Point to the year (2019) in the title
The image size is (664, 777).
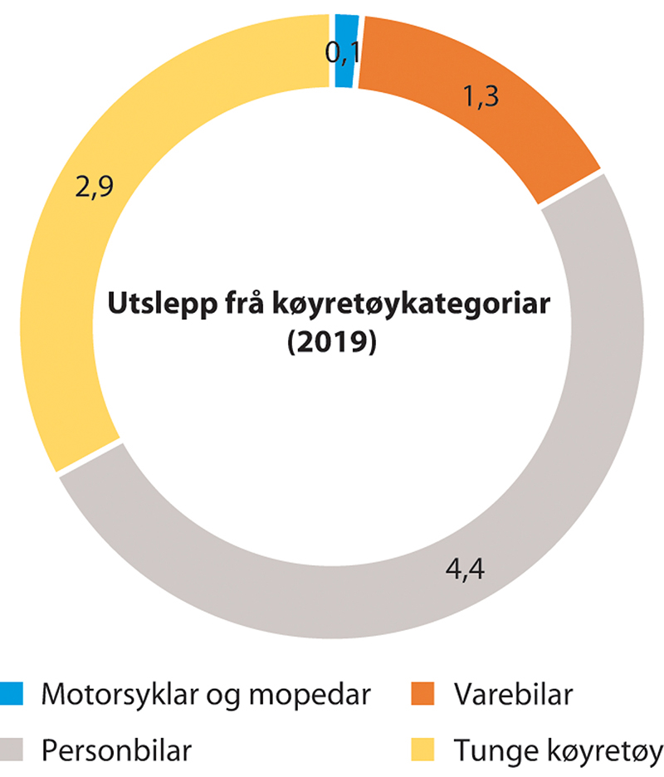point(331,341)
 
